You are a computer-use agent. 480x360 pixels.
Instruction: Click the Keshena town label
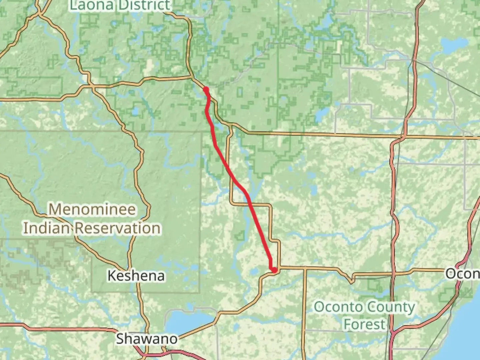coord(136,276)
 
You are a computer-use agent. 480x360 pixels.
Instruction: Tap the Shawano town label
coord(147,339)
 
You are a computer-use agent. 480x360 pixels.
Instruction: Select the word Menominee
coord(92,210)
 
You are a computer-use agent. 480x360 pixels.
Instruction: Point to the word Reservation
coord(117,228)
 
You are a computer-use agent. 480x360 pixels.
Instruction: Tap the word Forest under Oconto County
coord(364,324)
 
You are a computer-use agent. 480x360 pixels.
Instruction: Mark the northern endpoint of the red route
coord(206,89)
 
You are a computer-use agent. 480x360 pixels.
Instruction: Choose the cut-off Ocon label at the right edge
coord(463,274)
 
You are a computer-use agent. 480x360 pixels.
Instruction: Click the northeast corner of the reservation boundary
coord(201,132)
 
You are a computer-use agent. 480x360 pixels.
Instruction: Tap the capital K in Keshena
coord(112,276)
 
